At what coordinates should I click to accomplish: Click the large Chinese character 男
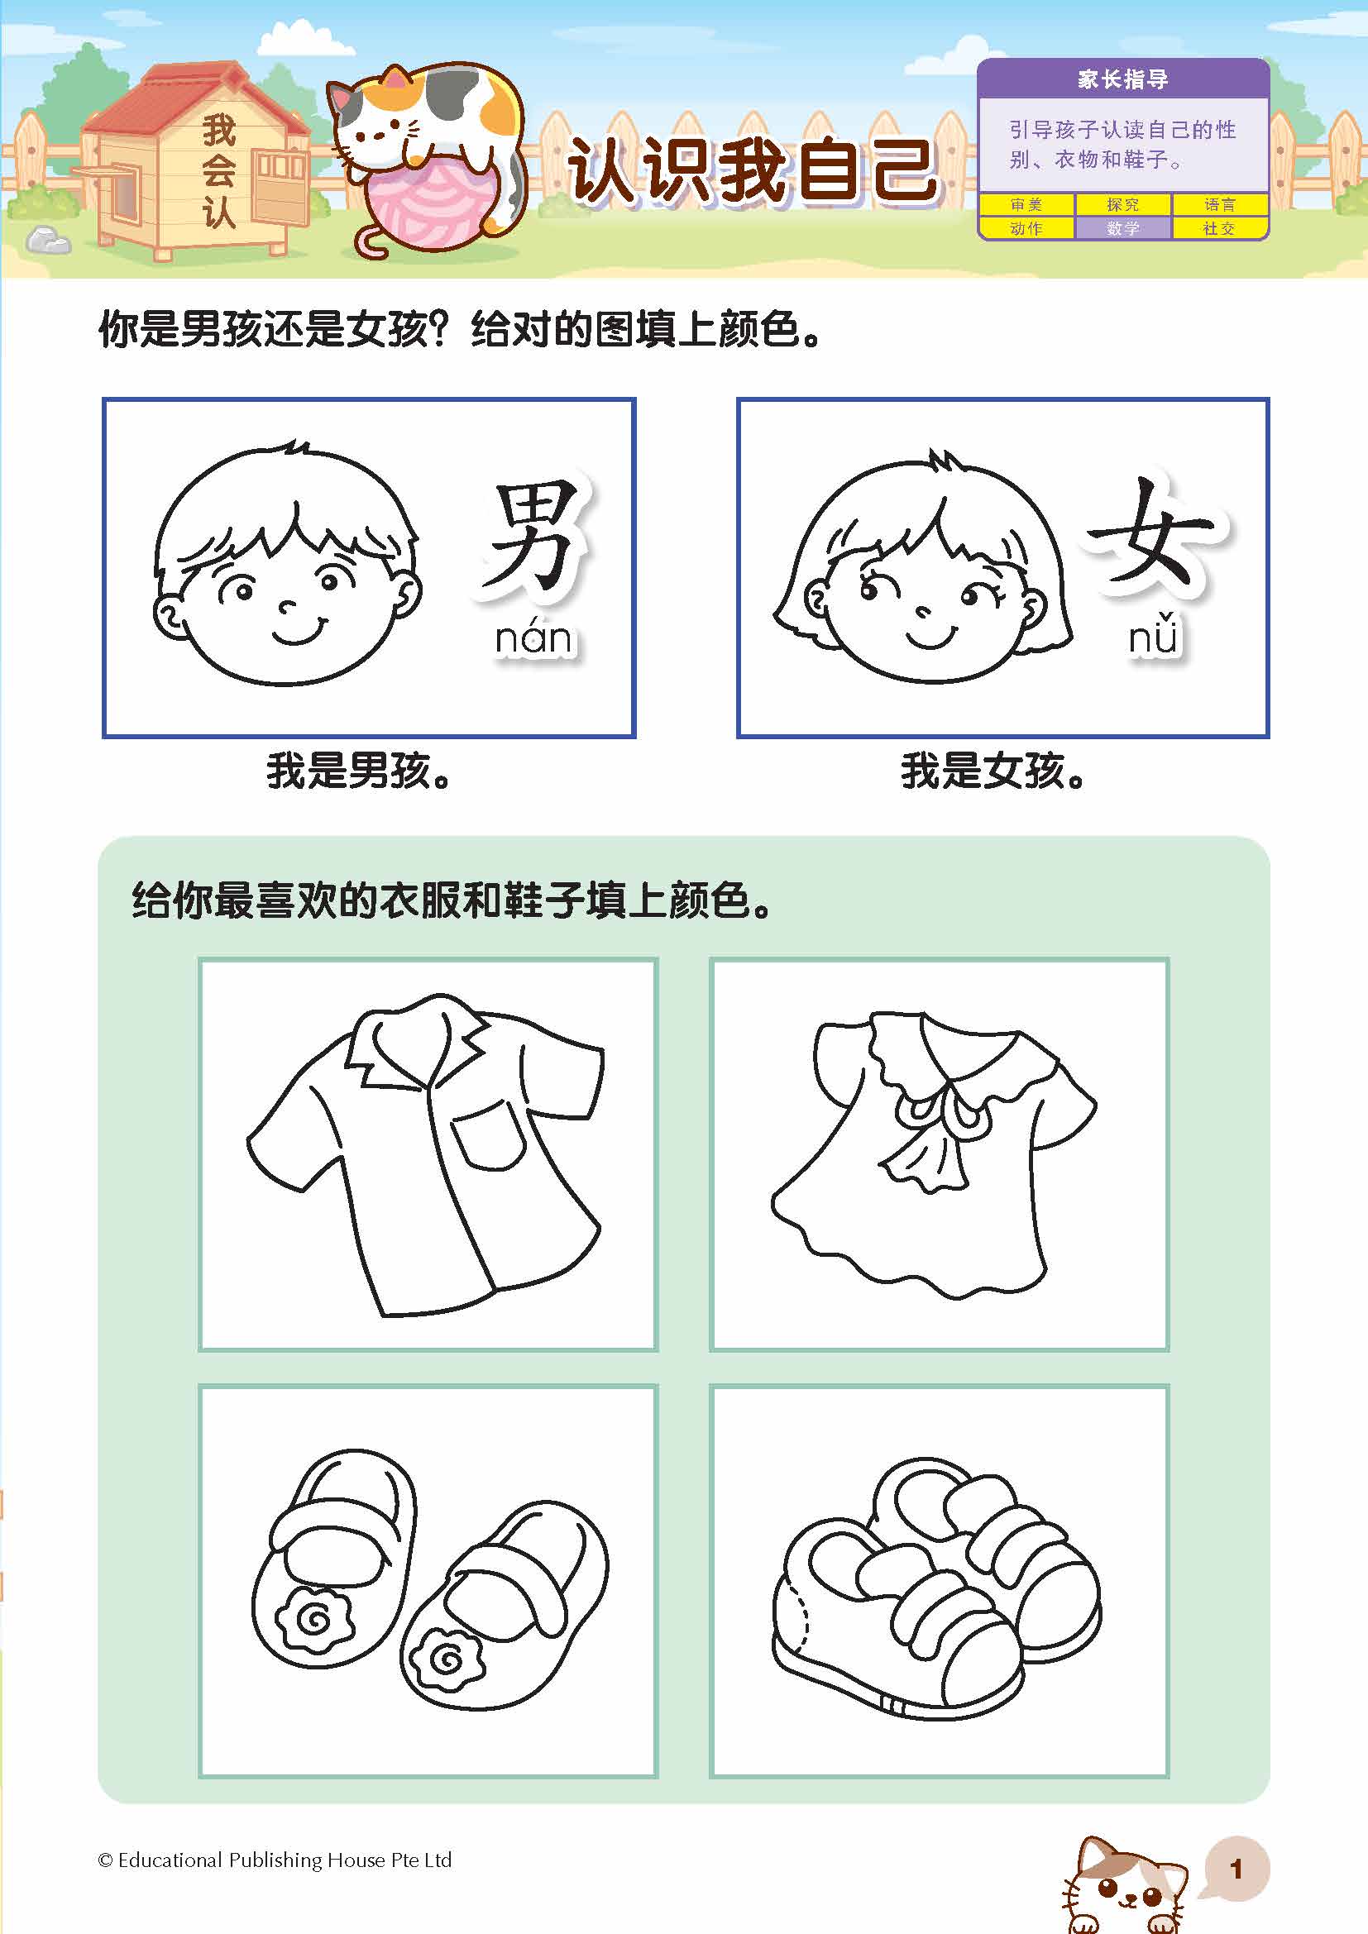(533, 539)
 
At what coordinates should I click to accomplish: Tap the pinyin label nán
(533, 638)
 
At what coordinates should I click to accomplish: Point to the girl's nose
(924, 613)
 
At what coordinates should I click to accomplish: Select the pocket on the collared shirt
(490, 1137)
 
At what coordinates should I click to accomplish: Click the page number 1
(1236, 1870)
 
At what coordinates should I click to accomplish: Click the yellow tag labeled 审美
(1026, 205)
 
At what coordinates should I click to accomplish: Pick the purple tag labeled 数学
(1123, 228)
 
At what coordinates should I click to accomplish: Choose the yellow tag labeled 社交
(1219, 228)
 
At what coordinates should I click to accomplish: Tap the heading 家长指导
(1123, 79)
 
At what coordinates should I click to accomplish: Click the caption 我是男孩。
(359, 771)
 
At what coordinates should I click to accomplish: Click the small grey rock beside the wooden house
(48, 240)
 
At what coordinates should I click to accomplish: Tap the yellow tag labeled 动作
(1026, 228)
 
